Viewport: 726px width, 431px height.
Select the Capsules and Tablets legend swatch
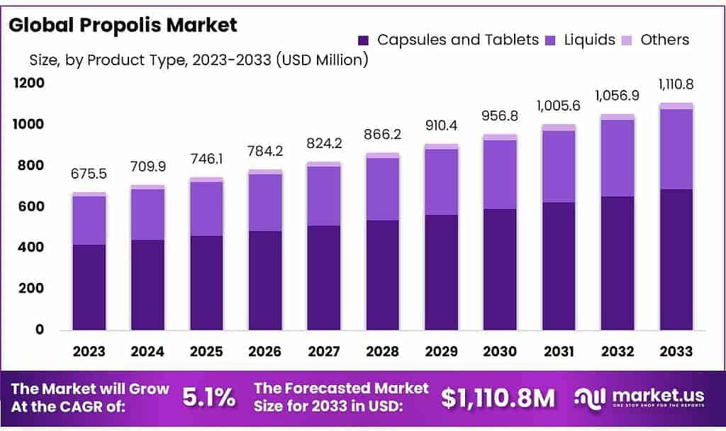[x=364, y=40]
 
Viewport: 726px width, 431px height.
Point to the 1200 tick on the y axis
[x=28, y=83]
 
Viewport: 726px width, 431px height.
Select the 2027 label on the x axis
[x=324, y=352]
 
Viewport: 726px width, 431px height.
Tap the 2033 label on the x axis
[x=676, y=352]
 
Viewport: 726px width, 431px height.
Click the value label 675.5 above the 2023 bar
[x=89, y=174]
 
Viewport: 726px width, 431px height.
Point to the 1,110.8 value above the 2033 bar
[x=676, y=85]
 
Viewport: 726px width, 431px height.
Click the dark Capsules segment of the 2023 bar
[x=89, y=287]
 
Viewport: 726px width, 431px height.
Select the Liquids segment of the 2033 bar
[x=676, y=149]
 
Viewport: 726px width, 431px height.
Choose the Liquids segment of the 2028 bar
[x=382, y=189]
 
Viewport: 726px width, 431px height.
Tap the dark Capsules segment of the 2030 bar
[x=500, y=269]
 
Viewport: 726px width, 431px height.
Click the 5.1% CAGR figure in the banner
[x=209, y=398]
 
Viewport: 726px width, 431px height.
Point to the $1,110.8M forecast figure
[x=498, y=398]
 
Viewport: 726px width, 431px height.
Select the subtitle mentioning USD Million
[x=199, y=60]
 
